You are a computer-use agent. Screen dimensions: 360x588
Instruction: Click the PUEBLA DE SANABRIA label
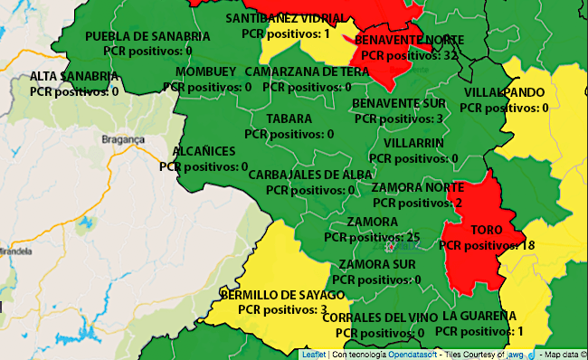click(x=147, y=36)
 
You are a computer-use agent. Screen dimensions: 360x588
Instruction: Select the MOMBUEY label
click(x=206, y=71)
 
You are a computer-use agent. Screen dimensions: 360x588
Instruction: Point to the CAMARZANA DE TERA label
click(x=307, y=71)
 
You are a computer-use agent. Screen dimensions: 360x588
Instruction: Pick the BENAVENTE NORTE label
click(x=409, y=41)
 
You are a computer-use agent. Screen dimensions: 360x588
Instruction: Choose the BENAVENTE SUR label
click(x=399, y=103)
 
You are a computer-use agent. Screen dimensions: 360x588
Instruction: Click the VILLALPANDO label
click(x=505, y=93)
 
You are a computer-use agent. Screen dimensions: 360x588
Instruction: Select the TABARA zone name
click(x=289, y=118)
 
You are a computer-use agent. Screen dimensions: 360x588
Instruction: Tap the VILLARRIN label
click(x=413, y=143)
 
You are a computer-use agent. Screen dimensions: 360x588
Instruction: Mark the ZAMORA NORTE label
click(x=417, y=187)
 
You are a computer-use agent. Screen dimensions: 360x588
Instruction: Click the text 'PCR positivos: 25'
click(x=372, y=237)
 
